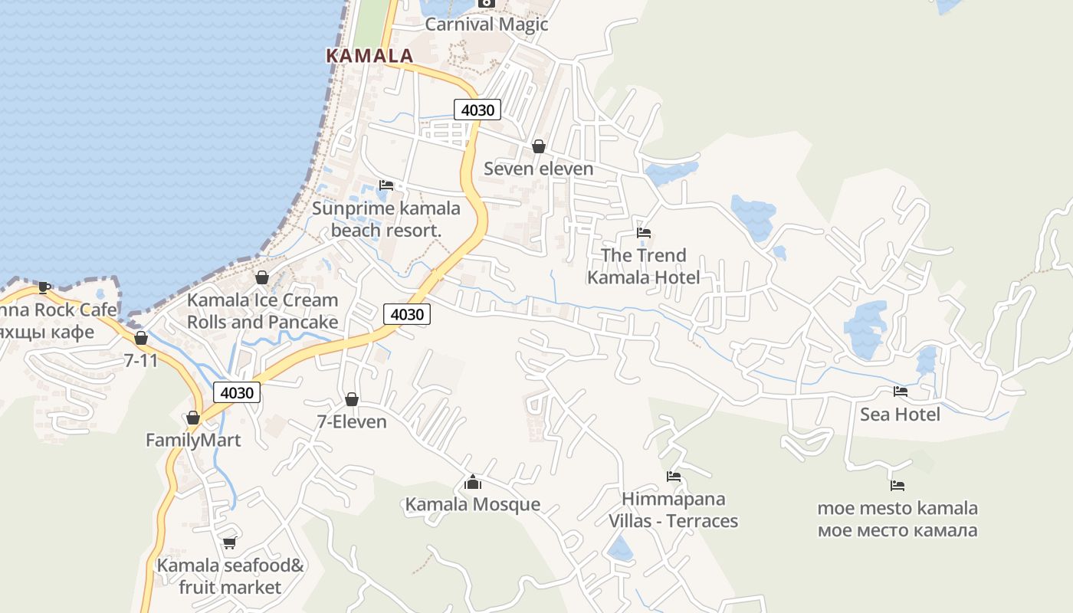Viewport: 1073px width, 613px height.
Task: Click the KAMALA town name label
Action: tap(369, 56)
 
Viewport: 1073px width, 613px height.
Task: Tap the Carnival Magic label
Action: tap(487, 24)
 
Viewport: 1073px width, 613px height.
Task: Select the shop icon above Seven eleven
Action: tap(539, 146)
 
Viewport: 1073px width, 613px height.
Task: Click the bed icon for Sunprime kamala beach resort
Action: tap(386, 185)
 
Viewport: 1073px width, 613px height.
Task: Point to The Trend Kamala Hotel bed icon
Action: tap(644, 233)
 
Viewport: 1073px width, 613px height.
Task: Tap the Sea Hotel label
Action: tap(900, 415)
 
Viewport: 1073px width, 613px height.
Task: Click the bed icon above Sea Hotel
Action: tap(901, 392)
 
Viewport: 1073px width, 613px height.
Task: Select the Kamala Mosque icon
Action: tap(473, 482)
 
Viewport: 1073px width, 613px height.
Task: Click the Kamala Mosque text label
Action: tap(473, 504)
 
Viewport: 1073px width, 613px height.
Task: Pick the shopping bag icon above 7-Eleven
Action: tap(352, 399)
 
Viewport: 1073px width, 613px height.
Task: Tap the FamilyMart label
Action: tap(193, 441)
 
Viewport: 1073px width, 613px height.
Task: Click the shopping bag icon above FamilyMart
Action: tap(193, 418)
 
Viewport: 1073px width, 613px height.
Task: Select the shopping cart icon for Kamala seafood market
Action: tap(229, 543)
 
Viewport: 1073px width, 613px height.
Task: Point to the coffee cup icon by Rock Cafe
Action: tap(44, 287)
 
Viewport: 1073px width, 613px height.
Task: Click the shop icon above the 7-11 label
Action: tap(141, 338)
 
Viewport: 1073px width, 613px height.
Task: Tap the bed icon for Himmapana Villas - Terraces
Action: tap(674, 477)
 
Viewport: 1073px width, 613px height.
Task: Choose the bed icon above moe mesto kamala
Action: tap(897, 486)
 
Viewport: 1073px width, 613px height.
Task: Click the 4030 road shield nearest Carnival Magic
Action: tap(477, 110)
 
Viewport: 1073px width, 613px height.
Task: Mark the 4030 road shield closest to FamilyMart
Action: tap(237, 392)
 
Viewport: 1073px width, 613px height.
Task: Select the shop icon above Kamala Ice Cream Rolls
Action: tap(262, 277)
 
